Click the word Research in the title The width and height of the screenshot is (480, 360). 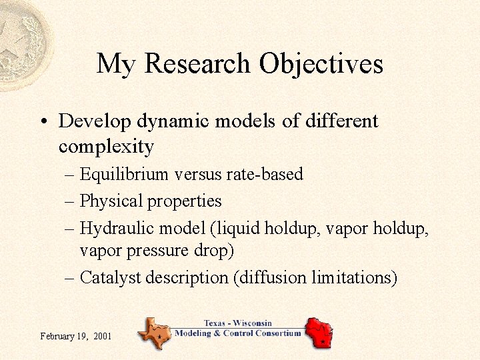[198, 64]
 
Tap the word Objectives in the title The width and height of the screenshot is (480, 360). [321, 64]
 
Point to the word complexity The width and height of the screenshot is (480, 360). [106, 146]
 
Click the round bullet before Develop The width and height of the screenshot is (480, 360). [43, 122]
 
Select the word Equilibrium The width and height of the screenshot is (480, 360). [124, 175]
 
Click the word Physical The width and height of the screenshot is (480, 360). [111, 201]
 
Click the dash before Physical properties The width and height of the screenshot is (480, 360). [70, 201]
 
